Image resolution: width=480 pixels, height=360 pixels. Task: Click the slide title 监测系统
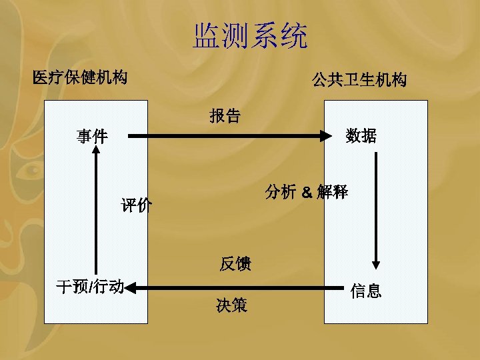tap(251, 37)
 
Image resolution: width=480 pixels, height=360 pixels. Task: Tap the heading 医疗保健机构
tap(80, 78)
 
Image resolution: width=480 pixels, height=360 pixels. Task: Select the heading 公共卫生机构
tap(359, 81)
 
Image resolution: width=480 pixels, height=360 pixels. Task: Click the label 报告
tap(225, 116)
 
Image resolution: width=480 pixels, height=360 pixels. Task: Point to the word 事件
tap(91, 137)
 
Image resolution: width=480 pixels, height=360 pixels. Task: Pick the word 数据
tap(361, 137)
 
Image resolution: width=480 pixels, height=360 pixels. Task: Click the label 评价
tap(137, 205)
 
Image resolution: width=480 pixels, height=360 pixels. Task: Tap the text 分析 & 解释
tap(306, 192)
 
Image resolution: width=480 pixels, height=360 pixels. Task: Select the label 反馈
tap(235, 264)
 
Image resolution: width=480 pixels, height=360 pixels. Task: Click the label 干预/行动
tap(90, 287)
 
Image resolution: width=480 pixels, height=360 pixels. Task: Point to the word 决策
tap(231, 306)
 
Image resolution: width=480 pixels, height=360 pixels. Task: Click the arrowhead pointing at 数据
tap(326, 137)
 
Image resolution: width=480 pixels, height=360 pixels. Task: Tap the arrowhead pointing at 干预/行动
tap(131, 288)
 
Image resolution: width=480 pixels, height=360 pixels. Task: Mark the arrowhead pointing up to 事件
tap(97, 151)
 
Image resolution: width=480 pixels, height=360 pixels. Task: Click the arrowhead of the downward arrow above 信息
tap(376, 262)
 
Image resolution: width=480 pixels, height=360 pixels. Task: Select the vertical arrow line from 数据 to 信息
tap(376, 207)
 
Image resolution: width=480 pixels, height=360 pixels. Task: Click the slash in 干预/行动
tap(91, 287)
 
